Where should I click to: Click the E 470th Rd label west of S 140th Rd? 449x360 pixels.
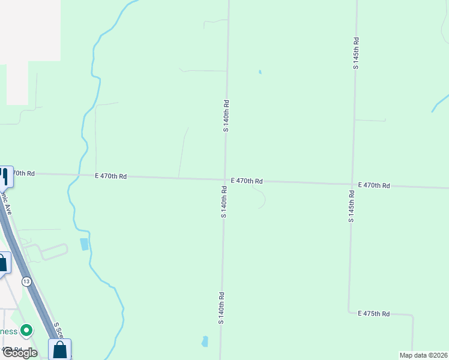pos(110,176)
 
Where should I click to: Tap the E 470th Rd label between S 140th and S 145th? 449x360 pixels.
pos(247,181)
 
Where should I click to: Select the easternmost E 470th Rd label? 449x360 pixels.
pos(374,186)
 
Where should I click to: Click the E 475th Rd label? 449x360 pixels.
pos(374,314)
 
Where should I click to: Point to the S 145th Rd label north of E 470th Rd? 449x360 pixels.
pos(356,54)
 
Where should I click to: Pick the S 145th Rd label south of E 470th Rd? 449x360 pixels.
pos(351,206)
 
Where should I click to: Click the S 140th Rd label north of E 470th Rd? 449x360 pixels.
pos(226,116)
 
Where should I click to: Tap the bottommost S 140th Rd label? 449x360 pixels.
pos(221,308)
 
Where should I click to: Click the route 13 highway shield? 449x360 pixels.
pos(26,281)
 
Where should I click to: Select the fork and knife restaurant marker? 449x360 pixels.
pos(5,176)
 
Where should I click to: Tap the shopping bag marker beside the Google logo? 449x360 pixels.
pos(60,349)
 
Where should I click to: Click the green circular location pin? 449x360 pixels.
pos(26,330)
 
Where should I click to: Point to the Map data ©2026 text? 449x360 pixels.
pos(423,355)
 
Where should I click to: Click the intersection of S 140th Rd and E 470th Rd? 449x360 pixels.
pos(225,179)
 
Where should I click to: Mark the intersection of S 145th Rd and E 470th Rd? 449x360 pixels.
pos(352,184)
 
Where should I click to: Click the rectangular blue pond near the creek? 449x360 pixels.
pos(83,244)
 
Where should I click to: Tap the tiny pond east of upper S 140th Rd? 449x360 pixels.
pos(260,72)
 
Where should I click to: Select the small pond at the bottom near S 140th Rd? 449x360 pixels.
pos(205,341)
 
